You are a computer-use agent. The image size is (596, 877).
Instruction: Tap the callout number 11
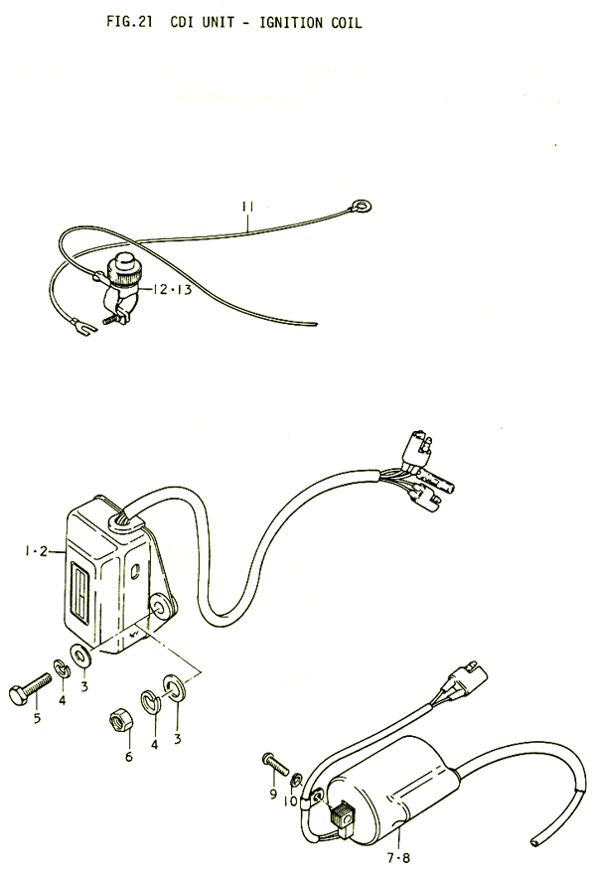[247, 207]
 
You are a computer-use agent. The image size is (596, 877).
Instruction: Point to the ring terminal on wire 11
[362, 207]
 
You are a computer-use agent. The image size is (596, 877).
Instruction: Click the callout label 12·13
[172, 290]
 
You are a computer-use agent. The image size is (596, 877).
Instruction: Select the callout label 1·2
[36, 551]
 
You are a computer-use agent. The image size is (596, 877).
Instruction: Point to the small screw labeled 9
[275, 764]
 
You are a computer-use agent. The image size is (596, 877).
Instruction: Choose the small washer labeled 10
[296, 778]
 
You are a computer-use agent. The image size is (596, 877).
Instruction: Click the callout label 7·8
[398, 857]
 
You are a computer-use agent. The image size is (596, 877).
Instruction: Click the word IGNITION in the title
[291, 23]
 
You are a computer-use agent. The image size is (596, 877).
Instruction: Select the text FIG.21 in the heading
[129, 22]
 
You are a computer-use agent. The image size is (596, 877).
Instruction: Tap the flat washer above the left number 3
[81, 657]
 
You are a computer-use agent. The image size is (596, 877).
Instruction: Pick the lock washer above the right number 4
[150, 702]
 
